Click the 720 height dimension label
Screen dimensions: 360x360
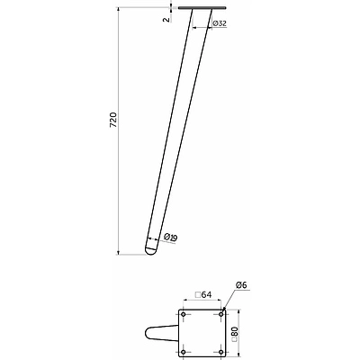point(113,121)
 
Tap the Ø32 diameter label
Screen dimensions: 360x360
point(220,23)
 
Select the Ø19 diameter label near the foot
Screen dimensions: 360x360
point(171,238)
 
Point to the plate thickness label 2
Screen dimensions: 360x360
point(166,20)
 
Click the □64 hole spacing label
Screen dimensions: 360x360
point(203,294)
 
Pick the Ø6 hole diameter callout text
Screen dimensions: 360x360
point(241,285)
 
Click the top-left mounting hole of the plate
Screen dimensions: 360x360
point(184,314)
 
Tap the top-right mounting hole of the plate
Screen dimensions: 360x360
point(221,314)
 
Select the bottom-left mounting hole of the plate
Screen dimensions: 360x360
point(184,352)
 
